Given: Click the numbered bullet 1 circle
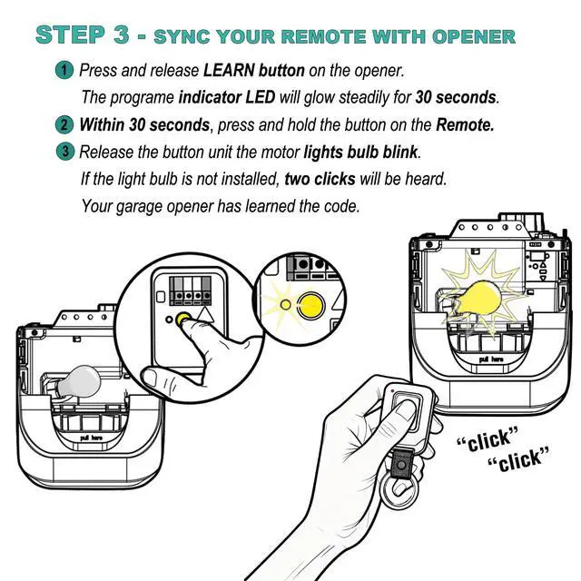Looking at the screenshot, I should coord(65,69).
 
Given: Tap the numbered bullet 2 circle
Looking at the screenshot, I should coord(65,124).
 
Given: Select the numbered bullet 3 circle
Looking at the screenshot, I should coord(65,152).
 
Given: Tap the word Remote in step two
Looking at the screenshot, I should coord(465,124).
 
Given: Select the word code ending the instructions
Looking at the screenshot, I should coord(340,206).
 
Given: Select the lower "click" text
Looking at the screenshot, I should coord(519,460).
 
